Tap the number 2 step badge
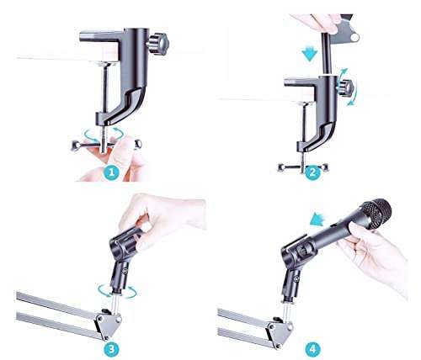311,173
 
